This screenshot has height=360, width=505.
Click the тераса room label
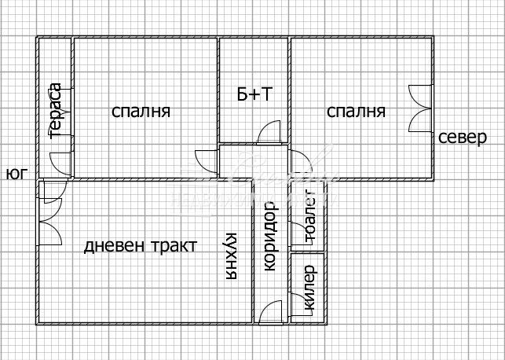click(56, 110)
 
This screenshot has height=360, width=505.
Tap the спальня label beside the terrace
click(141, 112)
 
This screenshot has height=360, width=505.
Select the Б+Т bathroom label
click(254, 95)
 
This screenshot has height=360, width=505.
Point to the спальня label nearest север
click(357, 112)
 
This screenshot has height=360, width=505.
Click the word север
click(463, 138)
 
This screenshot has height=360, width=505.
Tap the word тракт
click(170, 246)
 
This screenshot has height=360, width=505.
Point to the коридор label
click(270, 236)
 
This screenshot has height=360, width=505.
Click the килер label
click(309, 289)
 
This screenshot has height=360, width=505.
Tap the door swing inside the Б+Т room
click(268, 132)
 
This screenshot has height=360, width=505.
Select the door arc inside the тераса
click(61, 162)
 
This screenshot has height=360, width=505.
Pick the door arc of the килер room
click(298, 303)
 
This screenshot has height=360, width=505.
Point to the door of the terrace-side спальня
click(207, 160)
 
